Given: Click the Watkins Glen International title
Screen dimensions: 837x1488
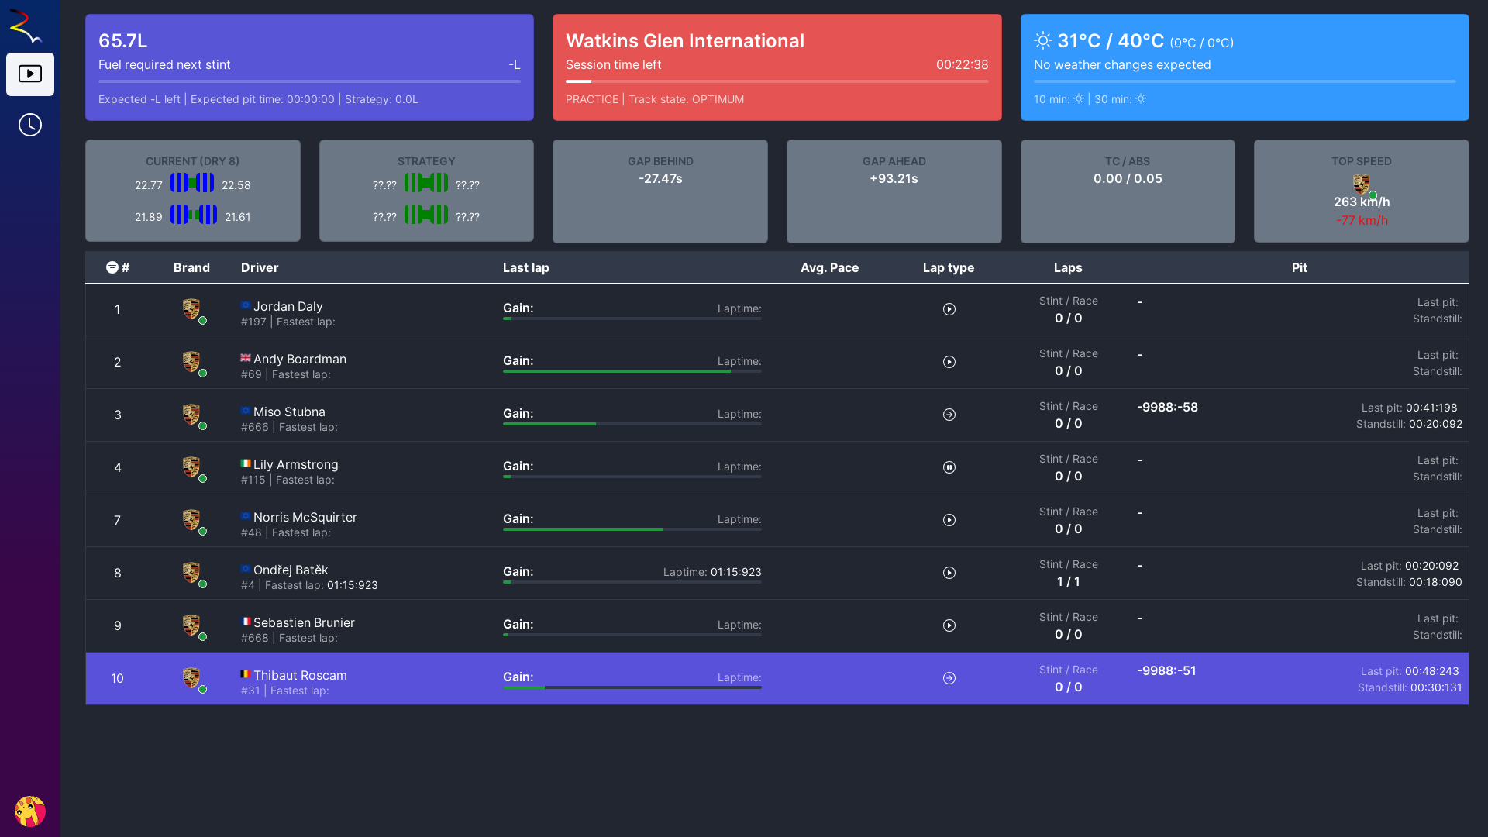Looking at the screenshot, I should point(684,41).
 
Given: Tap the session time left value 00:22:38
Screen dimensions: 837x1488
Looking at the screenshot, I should point(962,65).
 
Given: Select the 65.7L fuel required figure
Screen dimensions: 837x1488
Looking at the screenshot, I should point(122,41).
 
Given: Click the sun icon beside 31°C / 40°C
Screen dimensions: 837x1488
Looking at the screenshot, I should point(1043,41).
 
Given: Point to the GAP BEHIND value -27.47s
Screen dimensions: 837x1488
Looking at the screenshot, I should point(660,179).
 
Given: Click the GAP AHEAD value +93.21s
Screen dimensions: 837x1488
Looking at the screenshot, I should point(894,179).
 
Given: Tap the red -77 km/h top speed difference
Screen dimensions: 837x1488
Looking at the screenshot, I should point(1362,221).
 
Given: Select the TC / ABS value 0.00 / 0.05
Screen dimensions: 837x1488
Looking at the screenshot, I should point(1128,179).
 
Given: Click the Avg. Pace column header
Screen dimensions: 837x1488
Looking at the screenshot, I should point(829,267).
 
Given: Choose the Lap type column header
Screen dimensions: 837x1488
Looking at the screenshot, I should point(948,267).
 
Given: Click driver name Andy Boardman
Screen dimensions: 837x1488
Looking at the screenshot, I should point(299,360).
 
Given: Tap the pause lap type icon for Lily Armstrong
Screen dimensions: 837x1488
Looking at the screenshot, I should point(949,467).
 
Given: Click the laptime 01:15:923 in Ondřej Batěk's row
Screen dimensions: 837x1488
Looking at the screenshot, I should point(735,573).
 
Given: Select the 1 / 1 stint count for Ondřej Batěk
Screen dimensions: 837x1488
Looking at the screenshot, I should point(1068,582).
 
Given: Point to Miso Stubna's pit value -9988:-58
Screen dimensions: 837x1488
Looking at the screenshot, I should point(1167,408).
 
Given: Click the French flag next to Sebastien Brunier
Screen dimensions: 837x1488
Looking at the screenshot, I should point(246,622).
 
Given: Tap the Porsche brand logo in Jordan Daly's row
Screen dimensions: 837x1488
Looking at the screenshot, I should point(191,308).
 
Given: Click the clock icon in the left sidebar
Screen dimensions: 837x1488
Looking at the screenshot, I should point(30,125).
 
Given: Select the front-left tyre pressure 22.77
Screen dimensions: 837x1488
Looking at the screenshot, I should point(148,186).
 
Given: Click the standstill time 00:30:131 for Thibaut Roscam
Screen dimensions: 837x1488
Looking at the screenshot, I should point(1435,688).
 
